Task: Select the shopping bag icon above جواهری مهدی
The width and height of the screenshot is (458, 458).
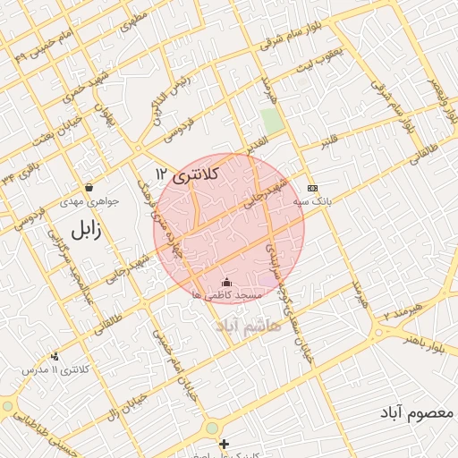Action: pos(89,188)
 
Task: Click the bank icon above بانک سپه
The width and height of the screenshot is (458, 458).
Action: pos(312,188)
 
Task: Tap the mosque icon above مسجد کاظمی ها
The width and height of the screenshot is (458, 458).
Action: pos(225,283)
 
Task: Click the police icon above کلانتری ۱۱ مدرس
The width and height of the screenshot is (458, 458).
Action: pos(56,356)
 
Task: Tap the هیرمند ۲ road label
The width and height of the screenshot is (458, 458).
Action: pos(401,313)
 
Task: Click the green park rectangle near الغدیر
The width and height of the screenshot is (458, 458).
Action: pos(272,122)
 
